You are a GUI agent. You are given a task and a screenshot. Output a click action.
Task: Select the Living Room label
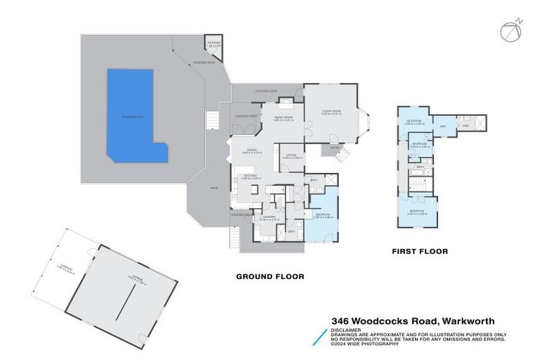331,111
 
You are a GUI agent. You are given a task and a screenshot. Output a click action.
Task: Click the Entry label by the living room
335,148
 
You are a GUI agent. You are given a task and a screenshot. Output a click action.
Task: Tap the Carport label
67,265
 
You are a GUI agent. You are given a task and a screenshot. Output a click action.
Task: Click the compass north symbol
510,32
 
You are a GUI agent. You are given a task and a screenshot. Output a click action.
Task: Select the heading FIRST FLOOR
419,251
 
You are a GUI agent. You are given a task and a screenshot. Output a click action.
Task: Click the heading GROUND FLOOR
270,276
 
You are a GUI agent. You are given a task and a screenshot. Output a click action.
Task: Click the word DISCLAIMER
347,329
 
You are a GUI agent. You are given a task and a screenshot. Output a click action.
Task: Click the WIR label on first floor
443,127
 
